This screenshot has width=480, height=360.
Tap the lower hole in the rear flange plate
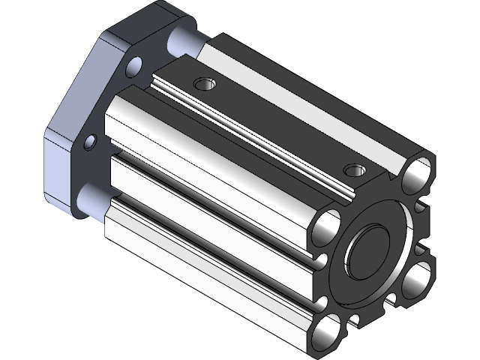coord(91,142)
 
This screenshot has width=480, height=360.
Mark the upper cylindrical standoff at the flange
coord(184,37)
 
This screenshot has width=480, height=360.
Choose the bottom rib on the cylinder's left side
coord(202,259)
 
